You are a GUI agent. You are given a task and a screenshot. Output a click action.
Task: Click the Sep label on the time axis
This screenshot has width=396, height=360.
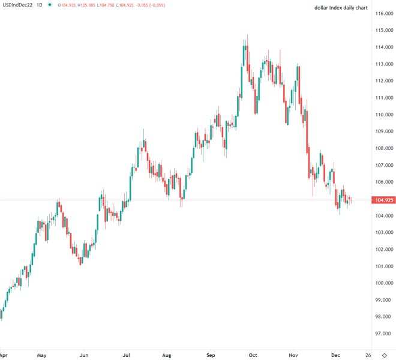coord(211,355)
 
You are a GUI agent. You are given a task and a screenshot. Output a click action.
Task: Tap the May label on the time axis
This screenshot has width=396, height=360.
coord(41,355)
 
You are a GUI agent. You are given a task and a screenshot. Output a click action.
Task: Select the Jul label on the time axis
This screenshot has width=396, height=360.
coord(127,355)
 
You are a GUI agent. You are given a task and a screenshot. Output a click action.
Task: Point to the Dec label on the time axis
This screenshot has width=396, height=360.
coord(335,355)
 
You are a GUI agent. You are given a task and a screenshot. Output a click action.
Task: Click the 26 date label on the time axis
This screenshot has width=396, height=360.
coord(368,355)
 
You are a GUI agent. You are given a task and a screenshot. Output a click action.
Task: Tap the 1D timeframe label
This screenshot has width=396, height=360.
coord(40,5)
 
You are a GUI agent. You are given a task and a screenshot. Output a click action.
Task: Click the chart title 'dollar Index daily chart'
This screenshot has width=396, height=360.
coord(340,8)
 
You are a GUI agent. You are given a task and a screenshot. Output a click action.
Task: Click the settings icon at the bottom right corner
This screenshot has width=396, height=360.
coord(384,355)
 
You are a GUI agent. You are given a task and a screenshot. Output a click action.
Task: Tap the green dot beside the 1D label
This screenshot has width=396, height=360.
coord(50,5)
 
